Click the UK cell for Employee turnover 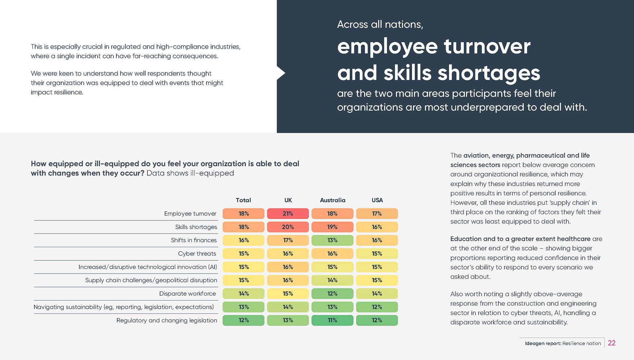[288, 213]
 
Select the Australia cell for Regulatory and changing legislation [332, 320]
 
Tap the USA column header [377, 200]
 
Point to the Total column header [243, 200]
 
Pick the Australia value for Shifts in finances [332, 240]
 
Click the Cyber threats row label [197, 253]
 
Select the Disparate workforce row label [187, 293]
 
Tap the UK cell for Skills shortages [288, 227]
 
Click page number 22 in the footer [612, 343]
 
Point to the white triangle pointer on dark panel [281, 73]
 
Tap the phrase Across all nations [380, 24]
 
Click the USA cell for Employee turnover [377, 213]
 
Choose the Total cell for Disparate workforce [243, 293]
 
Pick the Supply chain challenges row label [151, 280]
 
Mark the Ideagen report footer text [563, 343]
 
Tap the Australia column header [333, 200]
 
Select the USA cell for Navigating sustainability [377, 307]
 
